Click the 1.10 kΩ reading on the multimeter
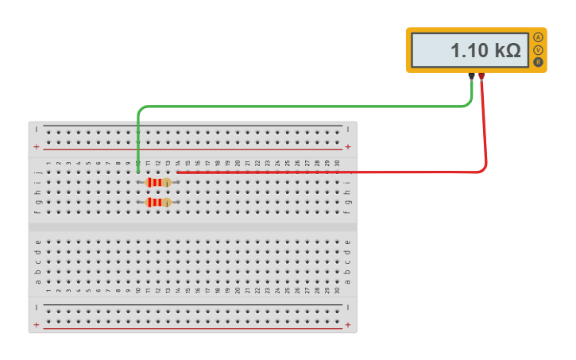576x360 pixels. (485, 51)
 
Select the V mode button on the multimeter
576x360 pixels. (539, 50)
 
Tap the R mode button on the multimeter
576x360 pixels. (539, 62)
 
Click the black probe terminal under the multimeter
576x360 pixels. (472, 76)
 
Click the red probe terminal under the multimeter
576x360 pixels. (481, 76)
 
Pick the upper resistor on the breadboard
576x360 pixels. (158, 182)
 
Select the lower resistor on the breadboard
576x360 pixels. (158, 203)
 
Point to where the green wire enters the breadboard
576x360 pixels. (138, 172)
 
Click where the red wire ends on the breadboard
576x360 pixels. (178, 172)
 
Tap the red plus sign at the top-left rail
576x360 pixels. (36, 147)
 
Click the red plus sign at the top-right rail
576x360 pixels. (348, 147)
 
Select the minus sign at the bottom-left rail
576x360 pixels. (36, 306)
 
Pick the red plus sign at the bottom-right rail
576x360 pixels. (348, 325)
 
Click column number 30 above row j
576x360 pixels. (338, 163)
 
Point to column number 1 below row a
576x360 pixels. (48, 290)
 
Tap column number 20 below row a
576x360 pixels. (238, 290)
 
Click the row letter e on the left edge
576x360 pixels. (37, 242)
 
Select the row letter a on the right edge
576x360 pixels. (347, 281)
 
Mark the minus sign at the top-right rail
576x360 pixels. (348, 128)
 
